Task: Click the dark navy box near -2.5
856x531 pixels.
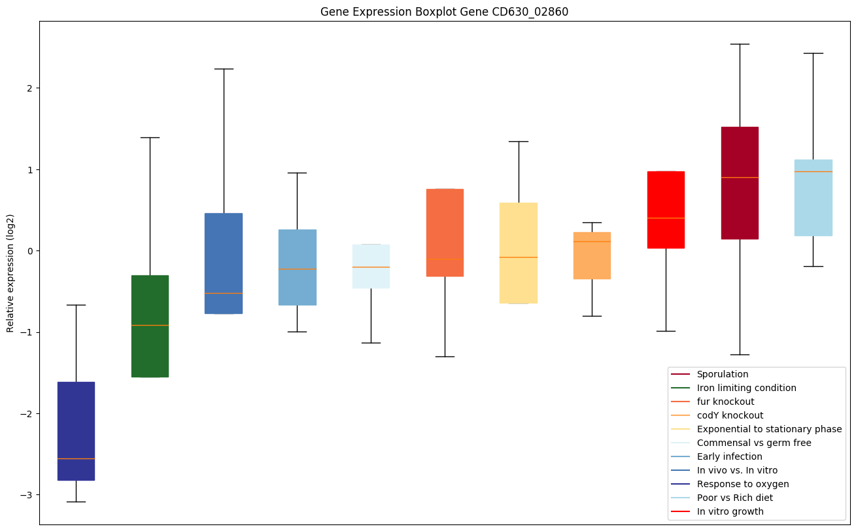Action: (76, 431)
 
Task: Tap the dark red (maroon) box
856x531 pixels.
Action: (740, 183)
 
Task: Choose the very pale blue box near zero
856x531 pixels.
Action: (371, 266)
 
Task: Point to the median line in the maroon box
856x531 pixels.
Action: (740, 177)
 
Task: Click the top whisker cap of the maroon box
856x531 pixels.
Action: (740, 44)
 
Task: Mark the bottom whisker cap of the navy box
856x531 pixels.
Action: (76, 502)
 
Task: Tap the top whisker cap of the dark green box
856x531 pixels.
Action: (150, 138)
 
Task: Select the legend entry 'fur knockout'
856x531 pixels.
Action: (725, 402)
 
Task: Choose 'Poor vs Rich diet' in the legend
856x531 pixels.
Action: (734, 498)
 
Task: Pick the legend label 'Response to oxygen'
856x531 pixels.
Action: (742, 484)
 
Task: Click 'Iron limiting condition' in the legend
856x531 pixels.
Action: (746, 388)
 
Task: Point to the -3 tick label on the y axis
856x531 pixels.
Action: (26, 495)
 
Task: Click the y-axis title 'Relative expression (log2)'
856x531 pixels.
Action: (10, 273)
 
